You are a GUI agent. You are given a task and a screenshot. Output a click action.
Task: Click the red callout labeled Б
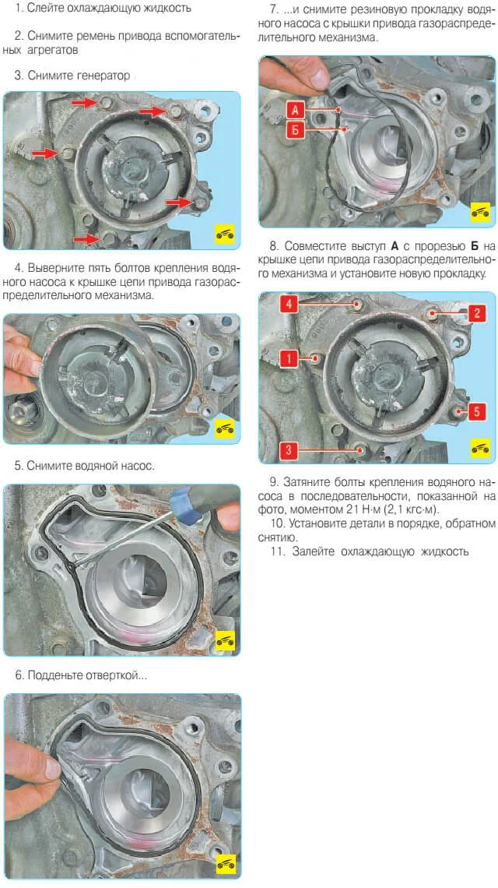(x=296, y=130)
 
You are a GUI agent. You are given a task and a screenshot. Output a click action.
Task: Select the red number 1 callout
(x=289, y=358)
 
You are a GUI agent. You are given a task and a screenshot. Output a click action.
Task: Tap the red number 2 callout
(x=476, y=312)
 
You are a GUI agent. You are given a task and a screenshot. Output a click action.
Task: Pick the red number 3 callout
(x=289, y=450)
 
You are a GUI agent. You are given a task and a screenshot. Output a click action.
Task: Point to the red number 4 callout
(x=289, y=304)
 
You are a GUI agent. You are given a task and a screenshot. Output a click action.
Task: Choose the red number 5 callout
(x=476, y=411)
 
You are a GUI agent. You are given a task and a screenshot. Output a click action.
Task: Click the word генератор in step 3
(x=103, y=76)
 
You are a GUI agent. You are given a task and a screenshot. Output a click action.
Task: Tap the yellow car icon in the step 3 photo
(x=225, y=234)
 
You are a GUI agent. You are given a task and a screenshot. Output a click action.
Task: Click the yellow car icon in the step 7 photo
(x=480, y=212)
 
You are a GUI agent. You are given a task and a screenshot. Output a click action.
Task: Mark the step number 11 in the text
(x=277, y=551)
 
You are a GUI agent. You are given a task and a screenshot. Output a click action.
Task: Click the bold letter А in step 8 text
(x=395, y=246)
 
